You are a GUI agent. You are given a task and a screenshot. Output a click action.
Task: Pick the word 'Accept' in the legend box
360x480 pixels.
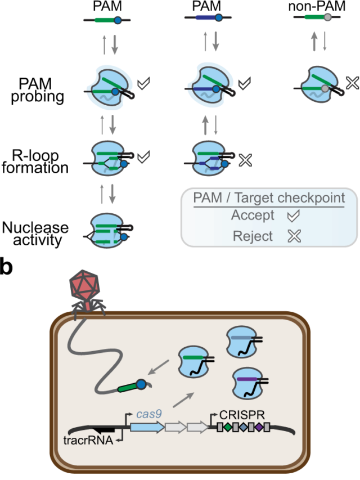tap(254, 216)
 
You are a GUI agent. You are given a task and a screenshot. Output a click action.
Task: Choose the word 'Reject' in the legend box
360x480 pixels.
tap(253, 236)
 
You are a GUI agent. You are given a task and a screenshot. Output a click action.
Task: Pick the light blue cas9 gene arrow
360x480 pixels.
tap(147, 427)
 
